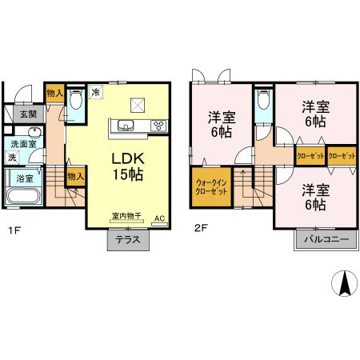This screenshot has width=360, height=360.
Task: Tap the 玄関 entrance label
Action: tap(28, 114)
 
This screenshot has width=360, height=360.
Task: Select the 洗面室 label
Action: tap(22, 144)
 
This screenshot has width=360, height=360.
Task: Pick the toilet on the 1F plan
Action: tap(76, 101)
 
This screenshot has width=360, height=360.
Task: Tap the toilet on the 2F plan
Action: tap(262, 105)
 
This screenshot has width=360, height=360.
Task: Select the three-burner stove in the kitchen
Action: tap(158, 125)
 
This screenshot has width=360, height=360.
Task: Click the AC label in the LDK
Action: tap(159, 217)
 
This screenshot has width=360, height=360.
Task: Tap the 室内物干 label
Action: tap(126, 217)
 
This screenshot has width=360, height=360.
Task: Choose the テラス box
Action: tap(128, 241)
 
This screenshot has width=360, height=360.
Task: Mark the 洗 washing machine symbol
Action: tap(12, 157)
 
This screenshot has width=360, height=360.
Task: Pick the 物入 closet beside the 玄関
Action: tap(54, 93)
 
